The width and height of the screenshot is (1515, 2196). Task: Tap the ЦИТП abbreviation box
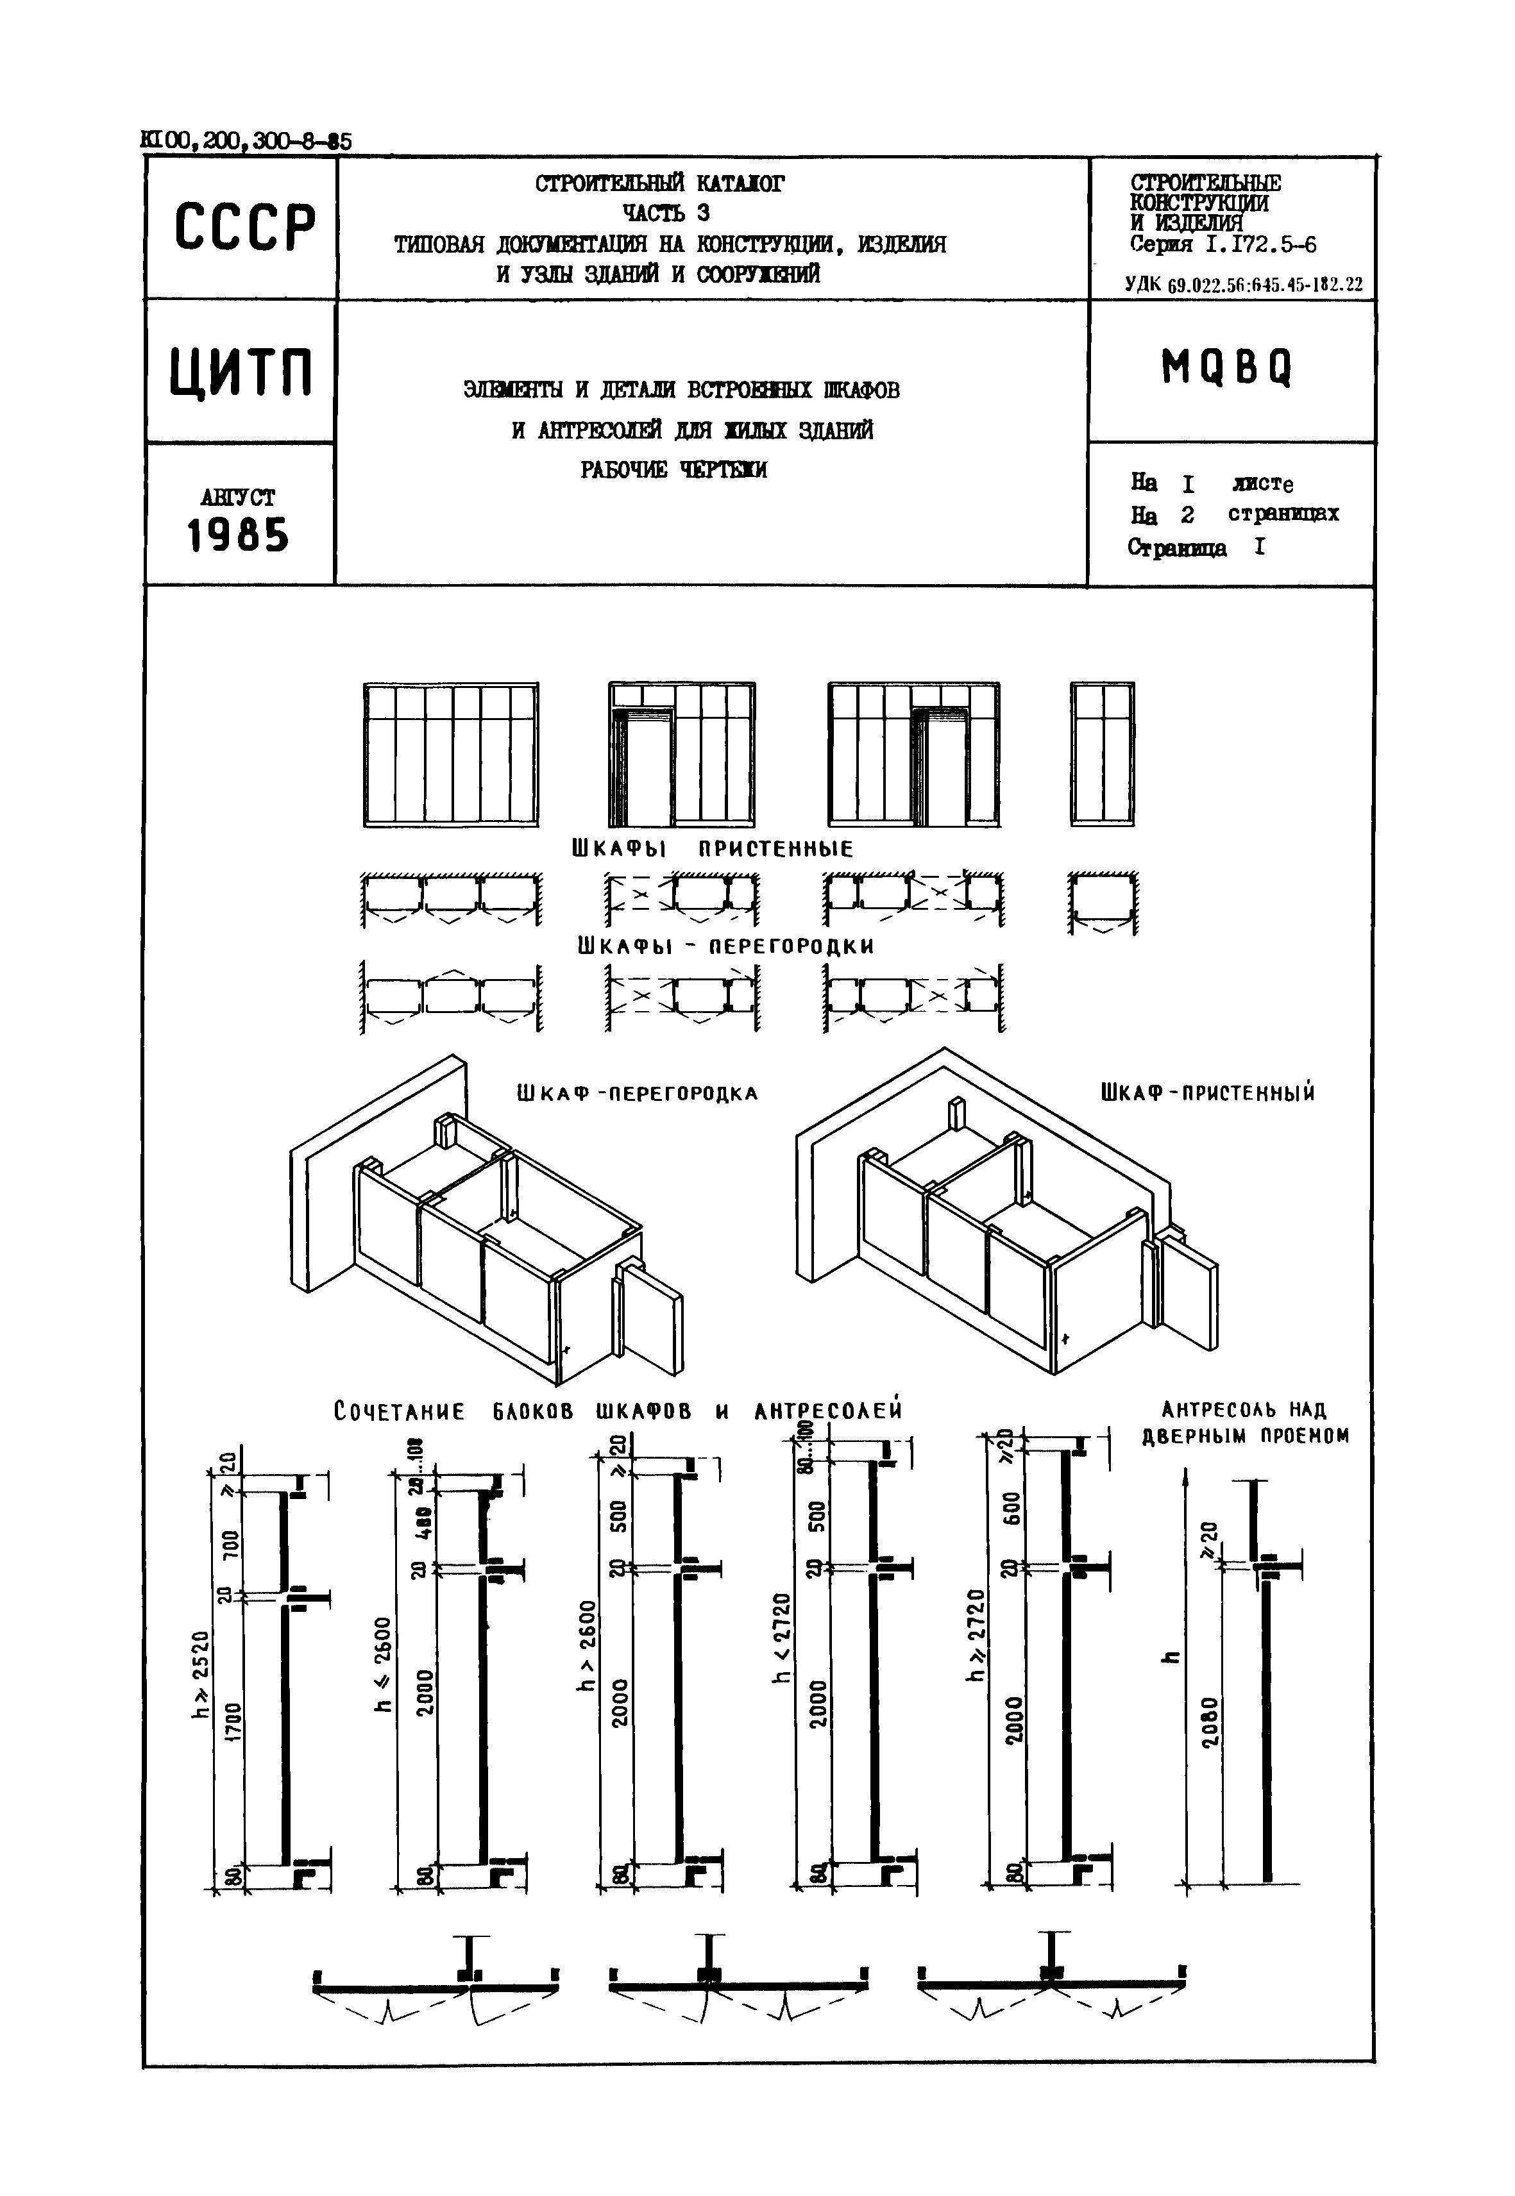[241, 372]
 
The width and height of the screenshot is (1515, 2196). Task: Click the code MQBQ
[1226, 367]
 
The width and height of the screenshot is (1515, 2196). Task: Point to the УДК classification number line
[1244, 284]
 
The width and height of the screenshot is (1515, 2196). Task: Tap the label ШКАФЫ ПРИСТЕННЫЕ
[712, 848]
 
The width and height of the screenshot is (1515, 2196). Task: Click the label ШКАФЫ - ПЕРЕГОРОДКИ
[725, 946]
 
